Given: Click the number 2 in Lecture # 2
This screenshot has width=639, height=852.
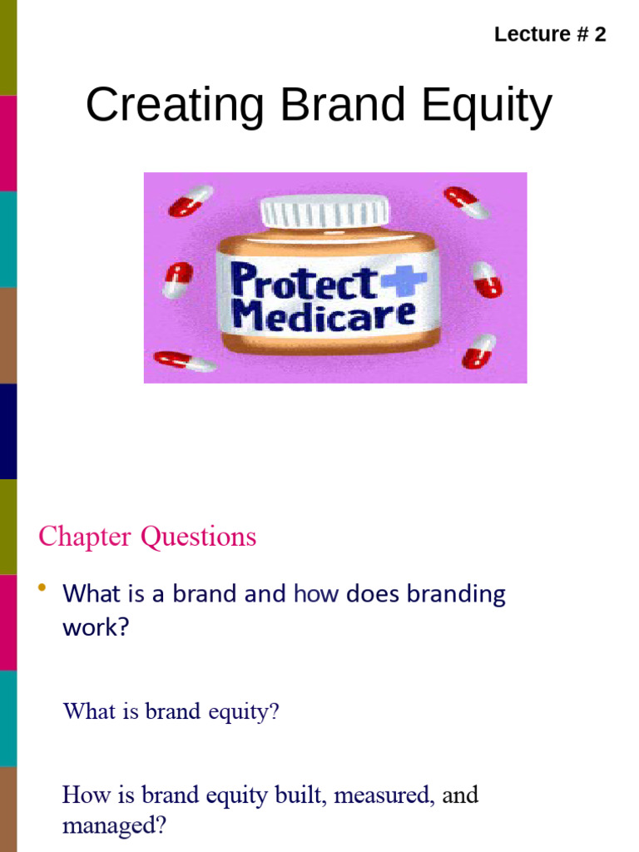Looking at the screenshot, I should click(599, 35).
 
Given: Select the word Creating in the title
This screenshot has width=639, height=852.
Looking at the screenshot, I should click(175, 106).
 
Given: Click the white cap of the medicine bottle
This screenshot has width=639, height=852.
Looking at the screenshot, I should click(324, 211).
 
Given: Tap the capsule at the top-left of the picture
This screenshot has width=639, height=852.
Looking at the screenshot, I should click(191, 201).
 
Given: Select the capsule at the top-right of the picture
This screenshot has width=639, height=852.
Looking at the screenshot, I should click(467, 202).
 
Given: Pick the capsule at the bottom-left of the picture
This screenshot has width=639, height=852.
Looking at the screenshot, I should click(185, 361).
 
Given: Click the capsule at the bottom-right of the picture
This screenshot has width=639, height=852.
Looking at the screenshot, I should click(478, 351).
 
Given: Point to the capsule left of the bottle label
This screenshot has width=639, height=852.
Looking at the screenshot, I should click(177, 280).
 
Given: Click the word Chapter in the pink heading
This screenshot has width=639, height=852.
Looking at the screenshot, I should click(86, 537).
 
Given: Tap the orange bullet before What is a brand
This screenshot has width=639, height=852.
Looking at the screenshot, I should click(42, 590).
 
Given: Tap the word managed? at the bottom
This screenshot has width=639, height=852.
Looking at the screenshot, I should click(115, 827).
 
